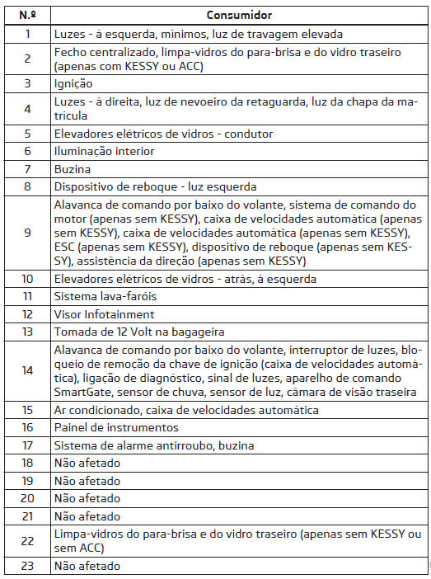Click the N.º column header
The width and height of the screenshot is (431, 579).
click(x=27, y=14)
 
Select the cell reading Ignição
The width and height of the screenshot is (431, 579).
click(x=73, y=83)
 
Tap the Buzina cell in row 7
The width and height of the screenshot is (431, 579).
click(x=72, y=169)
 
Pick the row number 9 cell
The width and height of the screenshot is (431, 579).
click(x=27, y=233)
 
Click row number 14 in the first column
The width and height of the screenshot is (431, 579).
click(x=27, y=370)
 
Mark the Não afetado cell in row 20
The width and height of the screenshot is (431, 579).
click(x=87, y=499)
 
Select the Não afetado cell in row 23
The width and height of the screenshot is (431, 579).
click(x=87, y=567)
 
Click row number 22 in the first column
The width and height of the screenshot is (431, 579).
click(x=27, y=541)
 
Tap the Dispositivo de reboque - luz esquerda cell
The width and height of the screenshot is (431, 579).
click(x=156, y=186)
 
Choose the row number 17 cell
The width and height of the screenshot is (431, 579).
click(x=27, y=445)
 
